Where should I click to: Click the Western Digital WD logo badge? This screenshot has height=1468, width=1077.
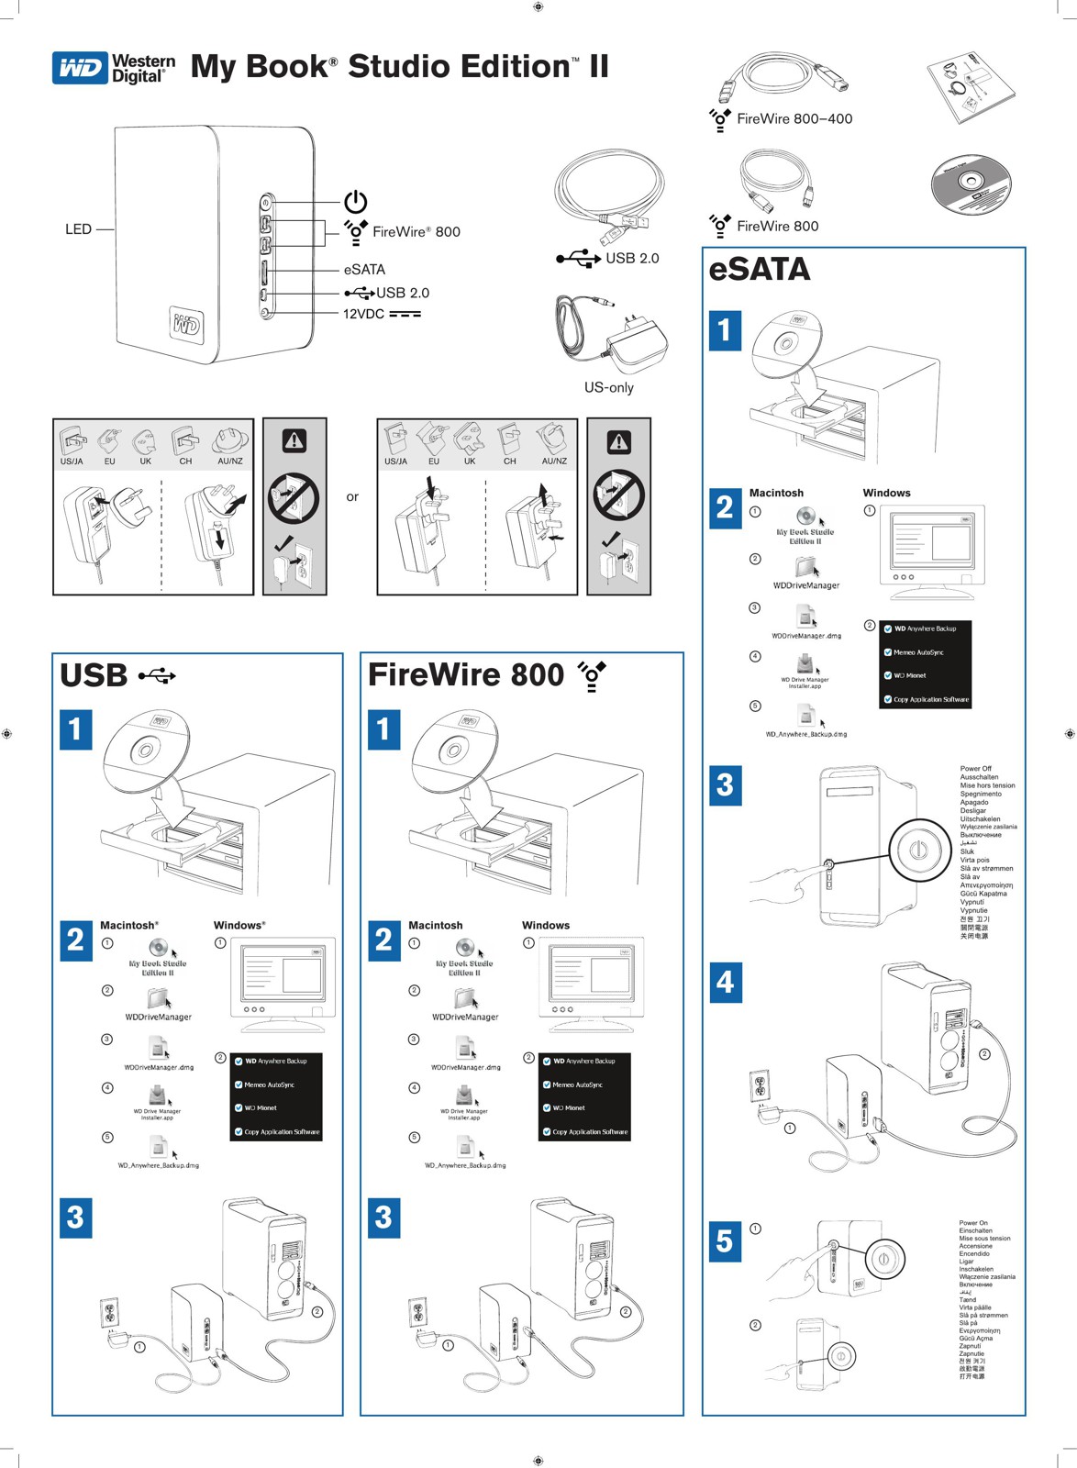(80, 68)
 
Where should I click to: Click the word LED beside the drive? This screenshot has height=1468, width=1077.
(78, 229)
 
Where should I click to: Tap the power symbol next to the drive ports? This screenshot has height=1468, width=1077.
(355, 201)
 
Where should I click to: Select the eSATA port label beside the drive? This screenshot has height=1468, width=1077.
(364, 270)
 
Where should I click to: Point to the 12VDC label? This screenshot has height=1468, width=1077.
(363, 315)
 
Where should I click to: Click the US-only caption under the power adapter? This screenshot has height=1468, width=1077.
(608, 388)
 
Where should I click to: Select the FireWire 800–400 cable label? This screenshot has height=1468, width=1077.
(794, 119)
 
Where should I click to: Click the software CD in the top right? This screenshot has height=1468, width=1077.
(970, 185)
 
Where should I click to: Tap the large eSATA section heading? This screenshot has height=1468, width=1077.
(760, 270)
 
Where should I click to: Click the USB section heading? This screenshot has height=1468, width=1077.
(94, 676)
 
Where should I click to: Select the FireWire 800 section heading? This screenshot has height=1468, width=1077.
(465, 676)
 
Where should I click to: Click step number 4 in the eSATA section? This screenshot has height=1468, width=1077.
(725, 983)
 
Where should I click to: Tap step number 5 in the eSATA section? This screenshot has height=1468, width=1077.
(725, 1240)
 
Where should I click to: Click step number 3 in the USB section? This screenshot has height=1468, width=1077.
(76, 1218)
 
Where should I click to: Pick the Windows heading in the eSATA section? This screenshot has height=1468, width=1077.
(886, 494)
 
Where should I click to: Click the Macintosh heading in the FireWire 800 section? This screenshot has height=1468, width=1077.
(435, 926)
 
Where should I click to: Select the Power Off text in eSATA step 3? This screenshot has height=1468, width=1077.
(975, 769)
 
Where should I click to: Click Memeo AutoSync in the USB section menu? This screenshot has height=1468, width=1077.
(269, 1084)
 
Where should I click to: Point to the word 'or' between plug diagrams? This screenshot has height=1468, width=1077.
(352, 497)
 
